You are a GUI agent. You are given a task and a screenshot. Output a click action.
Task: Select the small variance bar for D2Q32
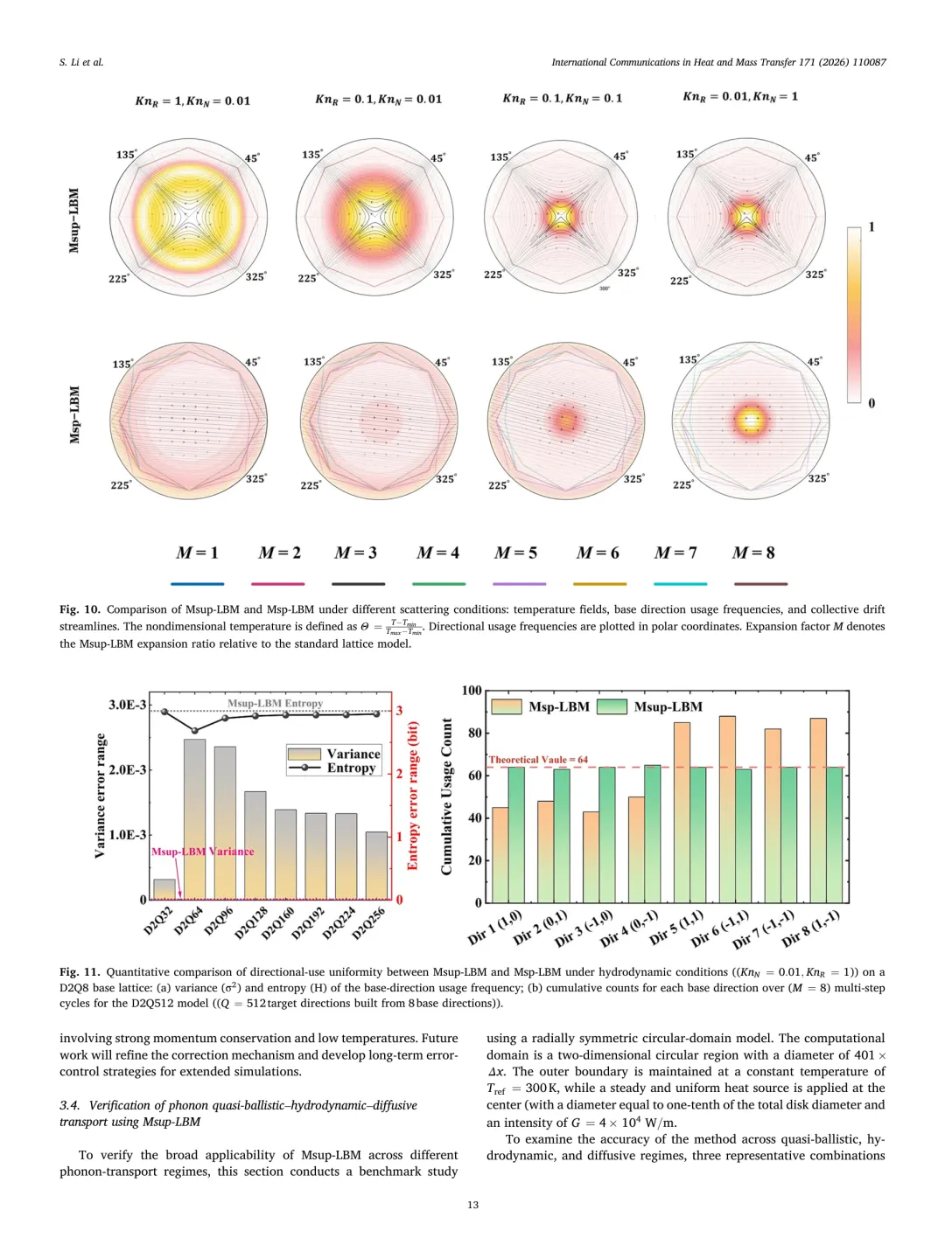[x=164, y=889]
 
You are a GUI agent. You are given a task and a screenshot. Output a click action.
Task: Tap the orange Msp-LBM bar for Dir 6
[x=727, y=809]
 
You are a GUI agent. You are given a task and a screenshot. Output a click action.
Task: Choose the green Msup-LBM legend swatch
[x=612, y=706]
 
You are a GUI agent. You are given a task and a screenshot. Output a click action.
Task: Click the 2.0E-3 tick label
[x=128, y=769]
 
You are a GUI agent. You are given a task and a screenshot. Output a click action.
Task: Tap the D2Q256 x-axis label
[x=368, y=922]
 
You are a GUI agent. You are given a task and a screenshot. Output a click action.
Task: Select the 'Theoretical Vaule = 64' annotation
[x=538, y=760]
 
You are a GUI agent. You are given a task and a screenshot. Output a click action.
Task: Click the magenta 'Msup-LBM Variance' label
[x=203, y=852]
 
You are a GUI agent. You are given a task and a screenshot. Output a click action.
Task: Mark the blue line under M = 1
[x=197, y=584]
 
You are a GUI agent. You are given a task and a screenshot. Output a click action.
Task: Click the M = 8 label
[x=753, y=553]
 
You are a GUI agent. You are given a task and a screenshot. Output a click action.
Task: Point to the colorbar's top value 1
[x=871, y=227]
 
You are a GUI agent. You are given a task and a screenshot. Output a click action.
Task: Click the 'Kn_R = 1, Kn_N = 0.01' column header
[x=192, y=101]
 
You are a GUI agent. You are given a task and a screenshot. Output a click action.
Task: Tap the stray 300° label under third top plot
[x=604, y=289]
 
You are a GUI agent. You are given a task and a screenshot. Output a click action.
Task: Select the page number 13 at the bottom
[x=472, y=1205]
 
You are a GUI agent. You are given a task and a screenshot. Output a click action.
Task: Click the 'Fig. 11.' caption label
[x=80, y=971]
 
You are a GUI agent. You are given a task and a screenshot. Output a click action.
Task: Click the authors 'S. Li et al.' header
[x=81, y=62]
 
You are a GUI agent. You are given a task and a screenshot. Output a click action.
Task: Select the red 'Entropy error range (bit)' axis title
[x=413, y=795]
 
